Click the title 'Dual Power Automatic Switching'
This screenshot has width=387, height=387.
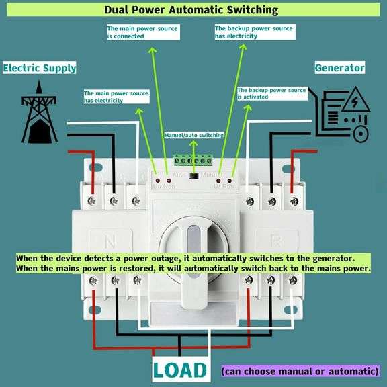pyautogui.click(x=191, y=10)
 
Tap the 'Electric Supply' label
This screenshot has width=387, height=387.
pyautogui.click(x=40, y=68)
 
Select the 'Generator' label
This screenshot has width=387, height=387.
pyautogui.click(x=340, y=68)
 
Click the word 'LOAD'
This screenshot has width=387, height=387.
pyautogui.click(x=179, y=370)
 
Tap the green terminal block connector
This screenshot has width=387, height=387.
pyautogui.click(x=193, y=160)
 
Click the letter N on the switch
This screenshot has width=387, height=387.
pyautogui.click(x=112, y=241)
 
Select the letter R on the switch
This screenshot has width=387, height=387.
pyautogui.click(x=275, y=241)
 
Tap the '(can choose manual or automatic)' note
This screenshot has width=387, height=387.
pyautogui.click(x=300, y=371)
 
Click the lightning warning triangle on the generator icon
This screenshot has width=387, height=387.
pyautogui.click(x=351, y=101)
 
